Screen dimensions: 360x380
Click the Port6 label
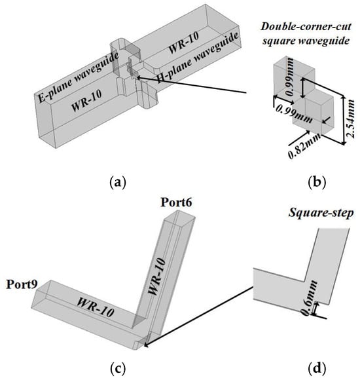click(177, 202)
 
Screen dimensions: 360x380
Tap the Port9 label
click(22, 284)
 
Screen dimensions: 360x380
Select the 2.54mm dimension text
click(350, 119)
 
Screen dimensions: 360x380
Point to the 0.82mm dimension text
click(304, 146)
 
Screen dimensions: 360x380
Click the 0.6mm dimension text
click(310, 298)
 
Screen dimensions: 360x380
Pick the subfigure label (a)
click(118, 182)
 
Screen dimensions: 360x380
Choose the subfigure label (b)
click(317, 182)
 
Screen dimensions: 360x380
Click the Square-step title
click(321, 214)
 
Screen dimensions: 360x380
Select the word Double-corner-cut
click(306, 26)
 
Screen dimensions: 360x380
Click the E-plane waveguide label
click(78, 77)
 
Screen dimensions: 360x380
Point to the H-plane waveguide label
click(197, 58)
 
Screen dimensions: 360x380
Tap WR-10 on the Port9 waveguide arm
click(96, 307)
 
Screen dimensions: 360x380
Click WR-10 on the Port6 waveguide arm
click(157, 276)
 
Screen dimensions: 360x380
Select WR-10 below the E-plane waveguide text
click(86, 101)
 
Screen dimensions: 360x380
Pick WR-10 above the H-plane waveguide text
click(183, 43)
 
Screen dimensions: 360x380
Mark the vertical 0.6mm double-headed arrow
click(315, 309)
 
